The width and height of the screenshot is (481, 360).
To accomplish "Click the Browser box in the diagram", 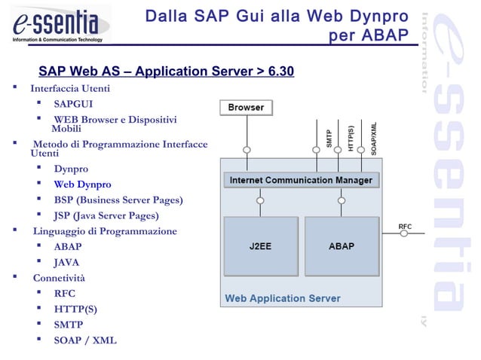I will point(246,108).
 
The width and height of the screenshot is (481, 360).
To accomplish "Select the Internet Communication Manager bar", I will point(301,181).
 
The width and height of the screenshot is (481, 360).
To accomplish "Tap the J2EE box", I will point(260,246).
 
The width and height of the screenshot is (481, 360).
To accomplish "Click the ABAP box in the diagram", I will point(341,246).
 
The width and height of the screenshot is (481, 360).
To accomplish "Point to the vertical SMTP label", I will point(329,139).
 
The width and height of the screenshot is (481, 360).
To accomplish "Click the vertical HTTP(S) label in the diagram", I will point(351,138).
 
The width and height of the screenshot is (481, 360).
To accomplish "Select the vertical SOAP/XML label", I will point(374,138).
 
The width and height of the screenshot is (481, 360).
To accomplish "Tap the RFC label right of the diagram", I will point(405,226).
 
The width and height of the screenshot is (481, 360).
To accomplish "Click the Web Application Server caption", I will point(282,298).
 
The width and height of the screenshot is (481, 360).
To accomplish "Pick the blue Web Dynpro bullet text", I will point(82,185).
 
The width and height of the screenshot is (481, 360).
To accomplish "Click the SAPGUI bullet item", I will point(73,104).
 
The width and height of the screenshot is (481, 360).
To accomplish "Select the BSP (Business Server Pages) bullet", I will point(118,200).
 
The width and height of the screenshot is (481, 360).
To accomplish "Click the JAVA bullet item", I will point(66,263).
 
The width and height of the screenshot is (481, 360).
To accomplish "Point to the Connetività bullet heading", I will point(59,279).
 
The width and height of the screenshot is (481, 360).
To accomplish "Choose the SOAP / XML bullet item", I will point(85,340).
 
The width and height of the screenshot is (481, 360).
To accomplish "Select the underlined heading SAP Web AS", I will point(166,72).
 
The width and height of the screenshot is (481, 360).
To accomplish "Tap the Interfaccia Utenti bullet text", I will point(70,89).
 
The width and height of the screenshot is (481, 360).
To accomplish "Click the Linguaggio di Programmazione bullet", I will point(105,231).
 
